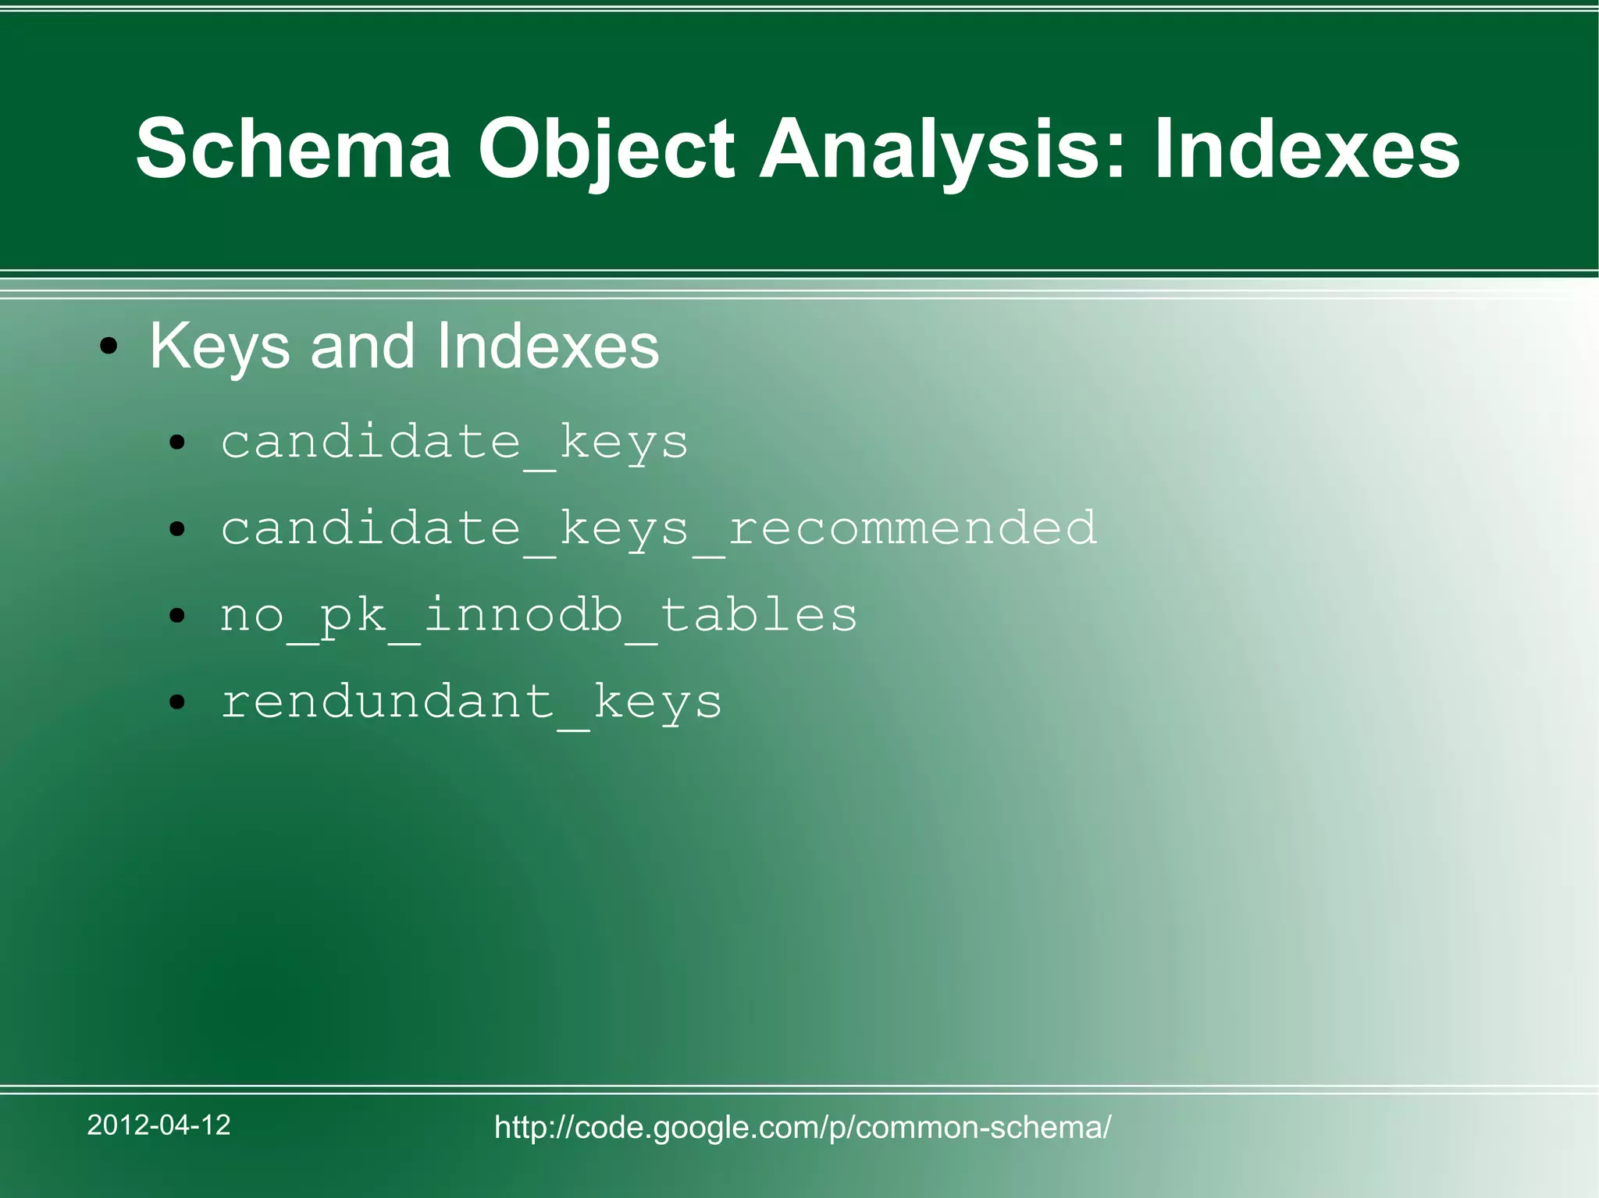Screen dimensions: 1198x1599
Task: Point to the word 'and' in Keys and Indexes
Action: [362, 346]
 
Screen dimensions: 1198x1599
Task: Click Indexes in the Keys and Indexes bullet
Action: [547, 346]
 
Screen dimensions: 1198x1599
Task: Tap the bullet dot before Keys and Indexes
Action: [109, 347]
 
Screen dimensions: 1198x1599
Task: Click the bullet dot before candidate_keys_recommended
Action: [177, 530]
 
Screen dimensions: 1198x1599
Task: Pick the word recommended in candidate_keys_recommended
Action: [912, 528]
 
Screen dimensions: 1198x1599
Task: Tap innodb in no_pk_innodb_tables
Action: [522, 614]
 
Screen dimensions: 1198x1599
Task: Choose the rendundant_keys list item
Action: [471, 702]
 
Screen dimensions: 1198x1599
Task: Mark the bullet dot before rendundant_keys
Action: [177, 702]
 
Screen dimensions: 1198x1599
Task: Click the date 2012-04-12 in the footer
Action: [158, 1125]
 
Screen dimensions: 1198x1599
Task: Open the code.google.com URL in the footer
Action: [803, 1127]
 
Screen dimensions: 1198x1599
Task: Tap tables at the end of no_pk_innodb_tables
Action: [759, 614]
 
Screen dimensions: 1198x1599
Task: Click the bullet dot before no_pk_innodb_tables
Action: [177, 617]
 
